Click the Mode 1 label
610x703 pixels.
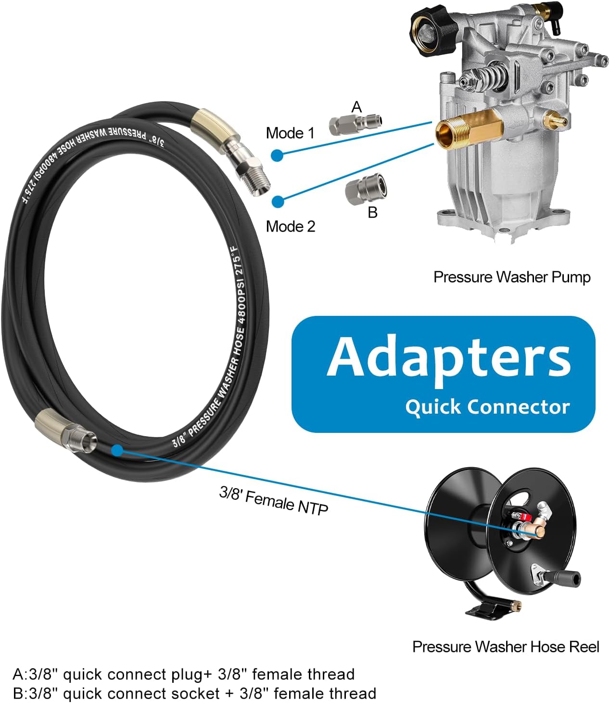290,133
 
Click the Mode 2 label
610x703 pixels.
291,226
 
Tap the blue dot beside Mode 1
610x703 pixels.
277,155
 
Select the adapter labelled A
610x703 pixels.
356,125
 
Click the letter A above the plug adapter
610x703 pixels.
356,106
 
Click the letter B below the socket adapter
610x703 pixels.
372,212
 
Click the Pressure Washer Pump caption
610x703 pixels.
511,277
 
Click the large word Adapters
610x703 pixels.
449,357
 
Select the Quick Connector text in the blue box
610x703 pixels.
487,407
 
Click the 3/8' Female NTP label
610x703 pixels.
274,501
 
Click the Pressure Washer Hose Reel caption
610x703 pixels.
506,646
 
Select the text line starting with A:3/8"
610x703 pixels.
183,674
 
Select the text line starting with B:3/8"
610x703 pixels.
194,693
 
